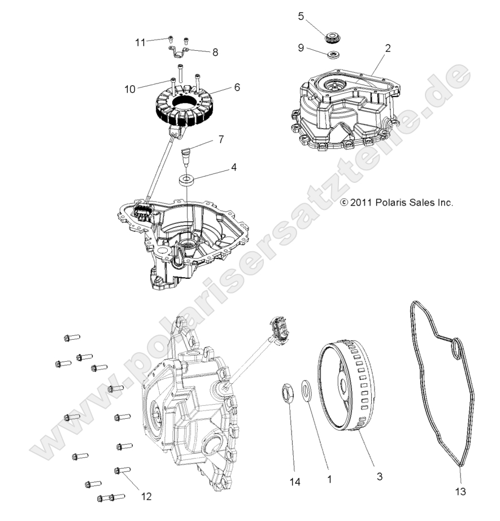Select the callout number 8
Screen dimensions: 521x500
pos(215,52)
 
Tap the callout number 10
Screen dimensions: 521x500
pos(129,89)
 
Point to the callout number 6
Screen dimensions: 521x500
pos(237,87)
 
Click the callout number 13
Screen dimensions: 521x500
pos(460,492)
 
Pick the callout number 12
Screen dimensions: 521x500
pos(146,497)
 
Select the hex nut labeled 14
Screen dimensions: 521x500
pos(287,393)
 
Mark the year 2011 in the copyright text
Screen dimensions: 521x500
pos(359,202)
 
